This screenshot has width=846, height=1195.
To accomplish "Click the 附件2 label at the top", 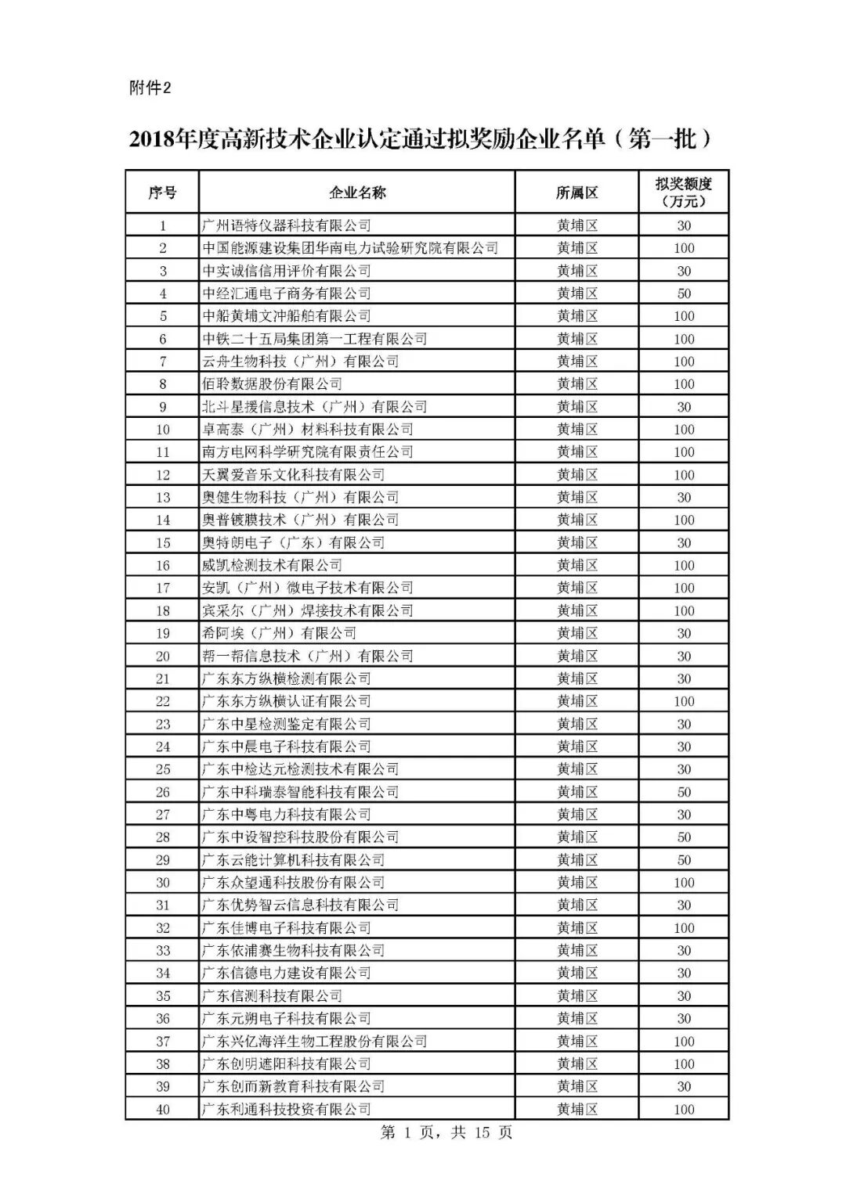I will click(x=149, y=88).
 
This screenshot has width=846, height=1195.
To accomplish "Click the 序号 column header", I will click(x=162, y=193).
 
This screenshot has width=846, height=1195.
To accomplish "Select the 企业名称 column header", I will click(x=357, y=193).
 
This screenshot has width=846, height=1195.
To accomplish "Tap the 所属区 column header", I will click(x=577, y=193).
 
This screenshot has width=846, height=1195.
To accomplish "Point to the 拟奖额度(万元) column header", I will click(x=684, y=193).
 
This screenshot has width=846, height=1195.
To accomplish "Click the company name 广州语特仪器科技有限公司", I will click(x=287, y=225).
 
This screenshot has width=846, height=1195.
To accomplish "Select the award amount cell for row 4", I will click(x=684, y=293).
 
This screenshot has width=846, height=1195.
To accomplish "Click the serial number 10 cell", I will click(x=162, y=430).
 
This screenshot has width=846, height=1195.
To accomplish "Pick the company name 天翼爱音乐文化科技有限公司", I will click(x=294, y=475).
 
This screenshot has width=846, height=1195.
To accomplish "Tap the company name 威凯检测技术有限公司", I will click(x=273, y=565).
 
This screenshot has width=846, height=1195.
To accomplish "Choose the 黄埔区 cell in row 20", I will click(x=577, y=656).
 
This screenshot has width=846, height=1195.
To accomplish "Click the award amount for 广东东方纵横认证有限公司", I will click(x=684, y=701).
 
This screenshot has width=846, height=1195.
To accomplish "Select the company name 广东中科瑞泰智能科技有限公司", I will click(x=301, y=792).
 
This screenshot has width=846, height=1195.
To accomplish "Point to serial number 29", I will click(x=162, y=860).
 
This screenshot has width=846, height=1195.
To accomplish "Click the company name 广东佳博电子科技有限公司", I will click(x=287, y=928).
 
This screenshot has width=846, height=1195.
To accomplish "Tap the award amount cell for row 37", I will click(x=684, y=1042).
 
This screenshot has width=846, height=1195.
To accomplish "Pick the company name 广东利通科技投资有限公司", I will click(x=287, y=1110).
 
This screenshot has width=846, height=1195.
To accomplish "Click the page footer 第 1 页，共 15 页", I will click(x=446, y=1133).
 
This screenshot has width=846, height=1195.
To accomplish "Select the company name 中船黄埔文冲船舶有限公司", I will click(x=287, y=316).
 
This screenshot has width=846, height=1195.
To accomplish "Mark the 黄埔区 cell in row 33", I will click(x=577, y=951).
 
